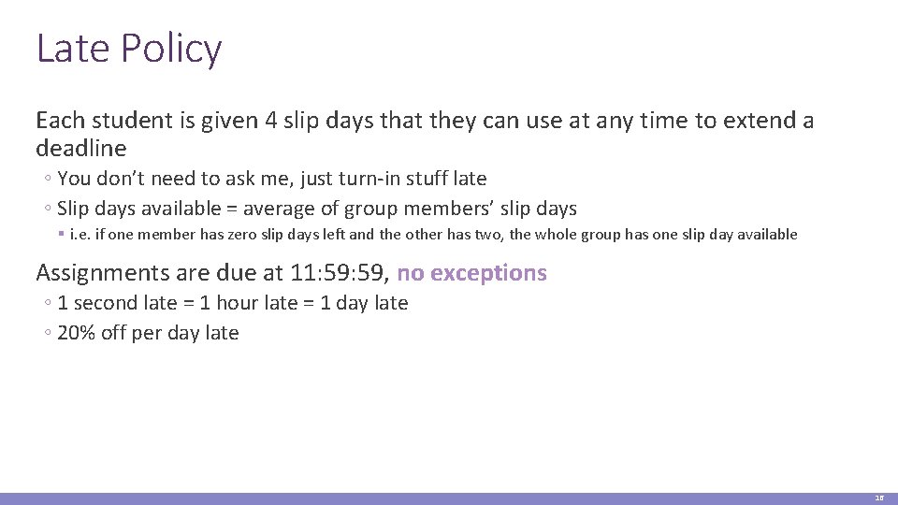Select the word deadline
[80, 149]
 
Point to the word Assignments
[104, 273]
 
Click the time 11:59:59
[339, 273]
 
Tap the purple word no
[409, 273]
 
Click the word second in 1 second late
[104, 303]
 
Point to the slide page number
[878, 499]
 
